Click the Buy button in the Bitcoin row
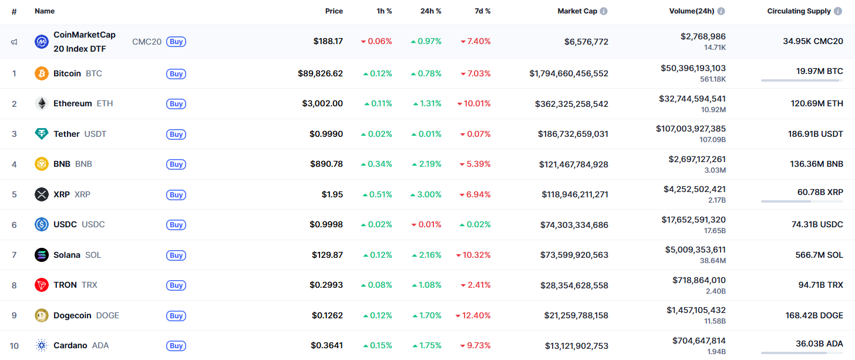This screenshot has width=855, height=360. click(x=176, y=73)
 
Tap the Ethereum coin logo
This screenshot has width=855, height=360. click(x=41, y=104)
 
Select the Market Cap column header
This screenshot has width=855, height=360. click(x=577, y=11)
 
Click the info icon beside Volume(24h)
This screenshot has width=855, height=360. click(x=721, y=11)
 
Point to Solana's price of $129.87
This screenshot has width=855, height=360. click(x=327, y=255)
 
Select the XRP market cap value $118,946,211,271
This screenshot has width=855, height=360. click(x=574, y=194)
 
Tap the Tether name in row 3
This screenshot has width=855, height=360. click(x=66, y=134)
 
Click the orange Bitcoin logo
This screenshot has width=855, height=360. click(x=41, y=73)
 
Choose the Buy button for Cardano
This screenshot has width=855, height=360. click(x=176, y=346)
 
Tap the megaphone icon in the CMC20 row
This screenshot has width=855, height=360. click(x=14, y=42)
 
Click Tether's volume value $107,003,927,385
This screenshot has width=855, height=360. click(x=691, y=129)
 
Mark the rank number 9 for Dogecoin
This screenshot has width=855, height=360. click(x=14, y=315)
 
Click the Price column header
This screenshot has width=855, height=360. click(x=334, y=11)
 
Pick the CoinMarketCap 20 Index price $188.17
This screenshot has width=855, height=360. click(x=328, y=42)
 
